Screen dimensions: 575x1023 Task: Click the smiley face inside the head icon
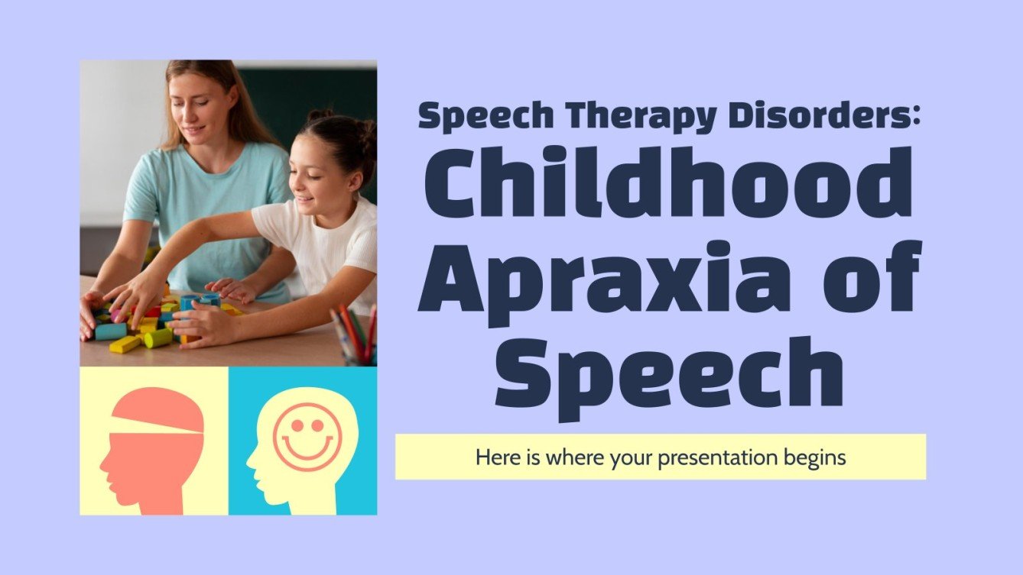click(307, 436)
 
